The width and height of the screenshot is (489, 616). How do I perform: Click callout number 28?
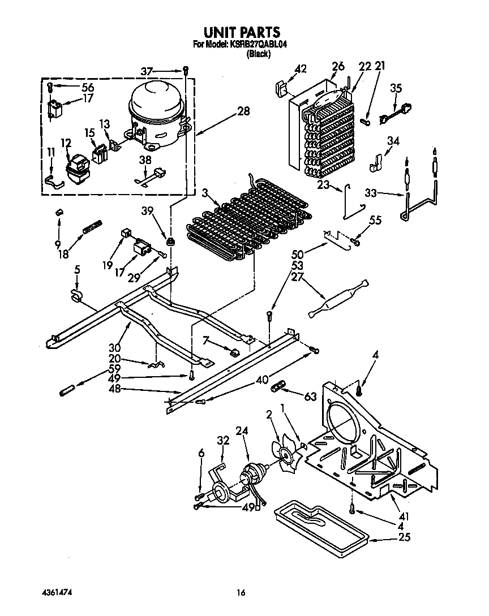point(243,111)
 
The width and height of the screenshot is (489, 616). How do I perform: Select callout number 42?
point(301,69)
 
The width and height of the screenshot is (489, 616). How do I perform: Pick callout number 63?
point(310,397)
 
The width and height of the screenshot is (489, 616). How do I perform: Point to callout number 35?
point(396,88)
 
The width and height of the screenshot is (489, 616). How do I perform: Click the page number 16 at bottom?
point(241,593)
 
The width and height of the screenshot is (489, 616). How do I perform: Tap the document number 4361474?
point(56,592)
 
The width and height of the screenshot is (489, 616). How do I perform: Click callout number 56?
point(87,87)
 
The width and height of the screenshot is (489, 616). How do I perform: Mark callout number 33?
point(371,192)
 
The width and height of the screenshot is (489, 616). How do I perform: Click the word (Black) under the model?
point(258,54)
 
